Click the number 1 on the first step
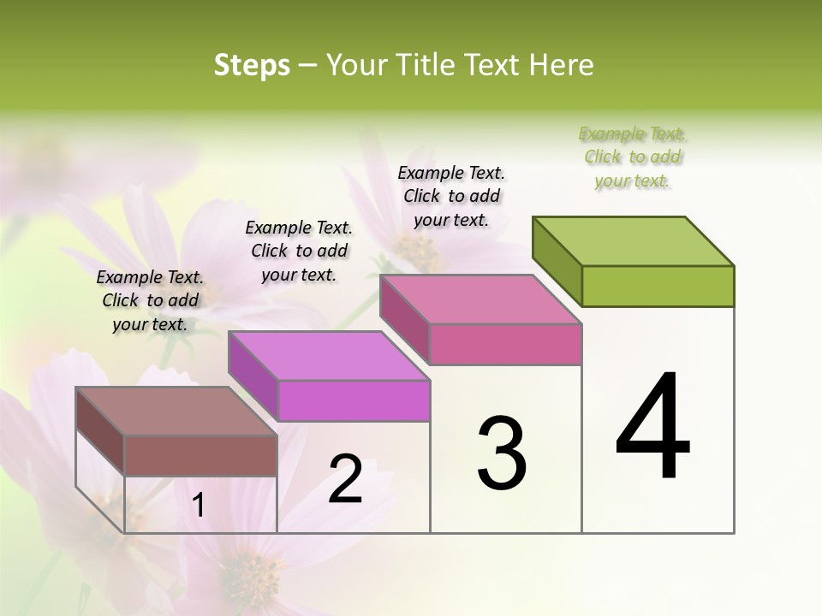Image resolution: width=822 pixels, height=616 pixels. [198, 506]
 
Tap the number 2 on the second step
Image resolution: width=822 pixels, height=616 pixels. [345, 479]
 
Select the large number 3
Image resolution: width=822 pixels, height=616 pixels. [501, 453]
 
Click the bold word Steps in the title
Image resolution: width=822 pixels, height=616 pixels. [252, 65]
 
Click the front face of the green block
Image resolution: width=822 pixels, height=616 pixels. [658, 286]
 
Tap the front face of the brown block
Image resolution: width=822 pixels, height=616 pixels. [200, 455]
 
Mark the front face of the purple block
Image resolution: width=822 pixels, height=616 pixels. [354, 400]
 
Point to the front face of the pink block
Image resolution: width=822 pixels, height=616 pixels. [505, 344]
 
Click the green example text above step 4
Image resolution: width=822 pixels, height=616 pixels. [633, 157]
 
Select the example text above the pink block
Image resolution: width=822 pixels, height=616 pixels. [451, 196]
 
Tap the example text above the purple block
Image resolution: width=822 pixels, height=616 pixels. [299, 251]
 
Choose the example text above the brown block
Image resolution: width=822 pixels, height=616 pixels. [150, 300]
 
